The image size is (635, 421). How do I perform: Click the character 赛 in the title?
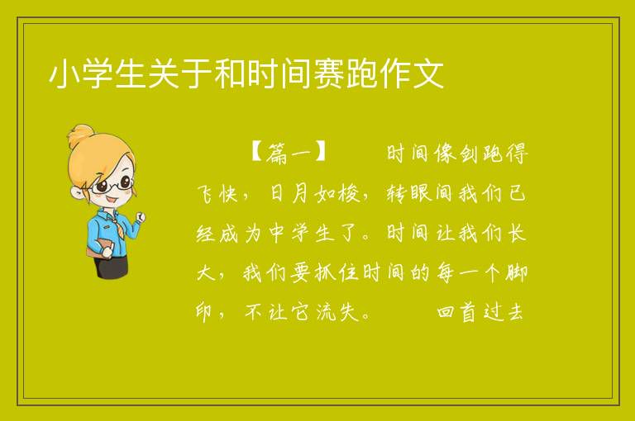coord(329,73)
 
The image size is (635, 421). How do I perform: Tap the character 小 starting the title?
coord(64,73)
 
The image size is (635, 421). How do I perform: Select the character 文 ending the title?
coord(428,73)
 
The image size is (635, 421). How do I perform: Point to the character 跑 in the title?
coord(362,73)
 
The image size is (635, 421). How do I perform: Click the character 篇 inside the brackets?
coord(277,154)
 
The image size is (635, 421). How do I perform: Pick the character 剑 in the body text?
coord(469,154)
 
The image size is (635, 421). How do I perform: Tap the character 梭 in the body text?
coord(349,193)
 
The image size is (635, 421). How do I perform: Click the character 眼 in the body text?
coord(421,193)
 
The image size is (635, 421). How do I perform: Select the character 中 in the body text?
coord(277,233)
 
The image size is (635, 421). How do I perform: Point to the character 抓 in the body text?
coord(325,272)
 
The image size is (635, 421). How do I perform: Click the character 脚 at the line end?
coord(516,272)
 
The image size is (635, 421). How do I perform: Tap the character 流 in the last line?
coord(326,312)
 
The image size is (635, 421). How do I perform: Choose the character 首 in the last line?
coord(469,312)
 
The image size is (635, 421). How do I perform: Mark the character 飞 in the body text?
coord(206,193)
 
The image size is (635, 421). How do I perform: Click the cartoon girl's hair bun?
coord(80,136)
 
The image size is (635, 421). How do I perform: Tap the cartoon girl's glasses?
coord(112,184)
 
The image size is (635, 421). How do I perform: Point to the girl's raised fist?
coord(141,217)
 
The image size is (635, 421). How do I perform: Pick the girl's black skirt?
coord(110,266)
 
